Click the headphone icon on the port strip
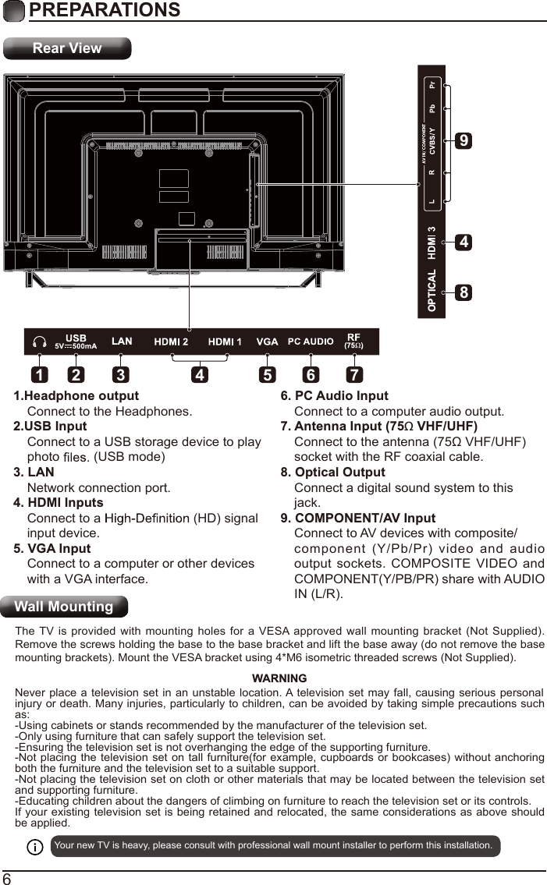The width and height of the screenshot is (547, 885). click(x=39, y=342)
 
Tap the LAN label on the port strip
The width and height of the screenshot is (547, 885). click(x=122, y=342)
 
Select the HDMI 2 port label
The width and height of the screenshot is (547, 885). click(x=171, y=342)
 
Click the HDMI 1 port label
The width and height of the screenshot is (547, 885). click(x=225, y=342)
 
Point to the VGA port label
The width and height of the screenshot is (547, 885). click(x=268, y=342)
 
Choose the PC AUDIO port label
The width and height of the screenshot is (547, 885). click(x=311, y=342)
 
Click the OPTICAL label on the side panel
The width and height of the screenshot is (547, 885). click(x=432, y=291)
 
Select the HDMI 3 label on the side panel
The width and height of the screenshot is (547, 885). click(x=432, y=242)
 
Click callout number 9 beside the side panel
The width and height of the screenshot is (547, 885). click(x=464, y=141)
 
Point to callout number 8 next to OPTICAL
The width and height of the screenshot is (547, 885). click(x=464, y=293)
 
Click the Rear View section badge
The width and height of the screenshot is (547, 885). click(x=67, y=48)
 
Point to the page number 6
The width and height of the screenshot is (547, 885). click(x=7, y=878)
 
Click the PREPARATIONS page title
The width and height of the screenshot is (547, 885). click(x=104, y=10)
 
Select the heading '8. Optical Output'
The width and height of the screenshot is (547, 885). click(x=332, y=473)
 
